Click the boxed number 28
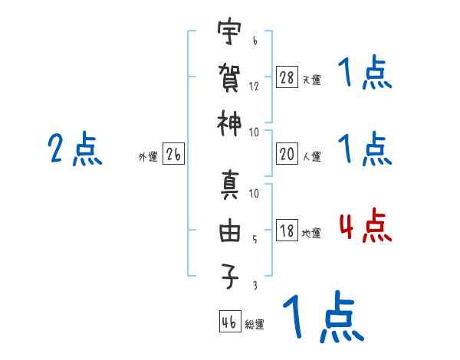click(287, 77)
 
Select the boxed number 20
click(287, 154)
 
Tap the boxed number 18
click(287, 231)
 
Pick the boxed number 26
click(173, 154)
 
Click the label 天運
click(311, 80)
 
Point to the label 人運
click(311, 156)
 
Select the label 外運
click(148, 156)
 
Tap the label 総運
click(255, 324)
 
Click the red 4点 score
click(365, 227)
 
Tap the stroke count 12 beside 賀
click(254, 86)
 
